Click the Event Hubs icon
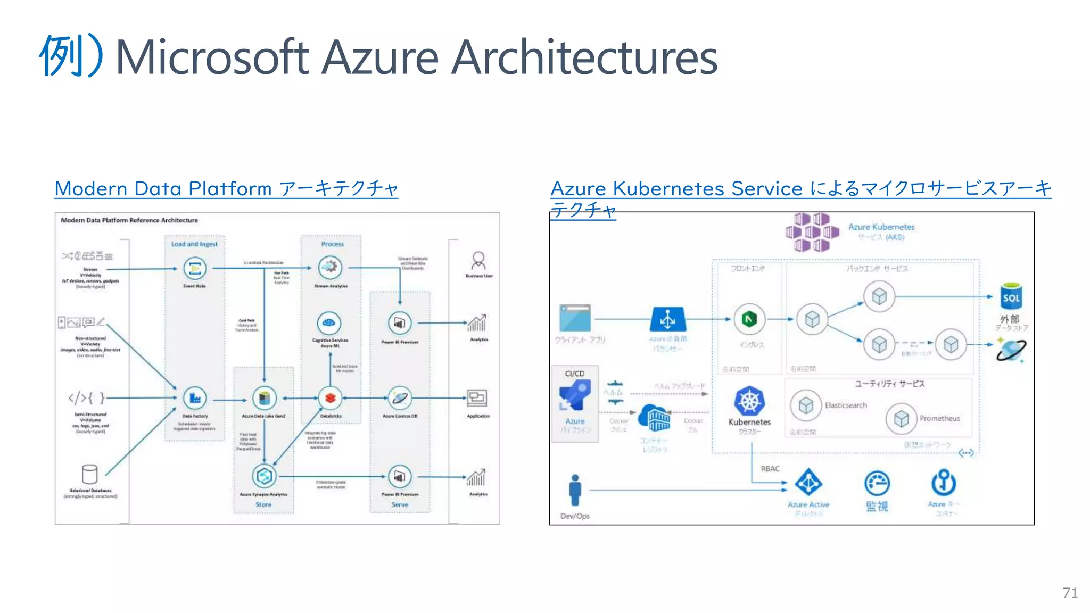pyautogui.click(x=195, y=268)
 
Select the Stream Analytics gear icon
pyautogui.click(x=330, y=268)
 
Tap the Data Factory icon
pyautogui.click(x=195, y=398)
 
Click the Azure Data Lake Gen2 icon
pyautogui.click(x=264, y=398)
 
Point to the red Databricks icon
pyautogui.click(x=330, y=398)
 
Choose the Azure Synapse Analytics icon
pyautogui.click(x=264, y=476)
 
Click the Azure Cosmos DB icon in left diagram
pyautogui.click(x=400, y=398)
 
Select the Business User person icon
pyautogui.click(x=478, y=261)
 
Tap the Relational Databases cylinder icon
pyautogui.click(x=90, y=474)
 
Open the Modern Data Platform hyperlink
pyautogui.click(x=226, y=189)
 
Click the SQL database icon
pyautogui.click(x=1011, y=296)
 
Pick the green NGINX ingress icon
pyautogui.click(x=749, y=319)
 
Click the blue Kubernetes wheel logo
pyautogui.click(x=749, y=401)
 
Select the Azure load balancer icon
pyautogui.click(x=668, y=319)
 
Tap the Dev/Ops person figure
pyautogui.click(x=575, y=490)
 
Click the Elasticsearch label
pyautogui.click(x=846, y=405)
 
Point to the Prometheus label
pyautogui.click(x=939, y=419)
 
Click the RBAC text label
pyautogui.click(x=770, y=469)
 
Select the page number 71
pyautogui.click(x=1070, y=593)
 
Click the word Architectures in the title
pyautogui.click(x=584, y=57)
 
